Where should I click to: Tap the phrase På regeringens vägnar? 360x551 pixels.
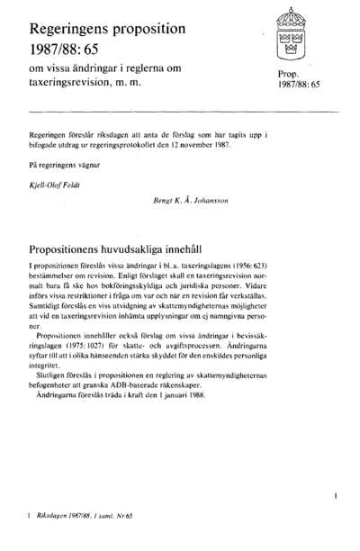[x=64, y=167]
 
